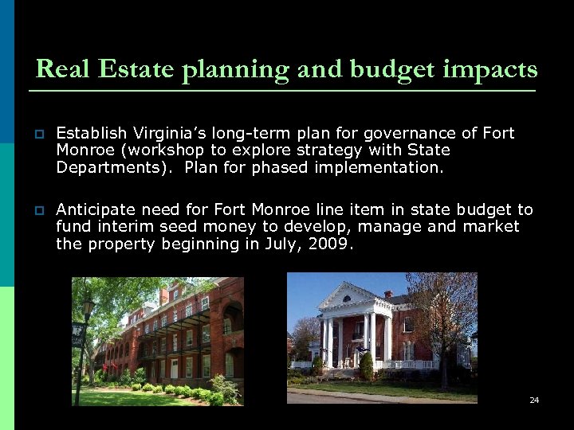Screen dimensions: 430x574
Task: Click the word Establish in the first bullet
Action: pos(90,133)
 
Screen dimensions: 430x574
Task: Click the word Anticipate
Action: pos(95,209)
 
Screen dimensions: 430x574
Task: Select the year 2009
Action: pos(330,244)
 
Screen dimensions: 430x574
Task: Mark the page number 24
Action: pos(534,400)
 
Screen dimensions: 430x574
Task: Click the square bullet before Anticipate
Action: pos(39,210)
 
